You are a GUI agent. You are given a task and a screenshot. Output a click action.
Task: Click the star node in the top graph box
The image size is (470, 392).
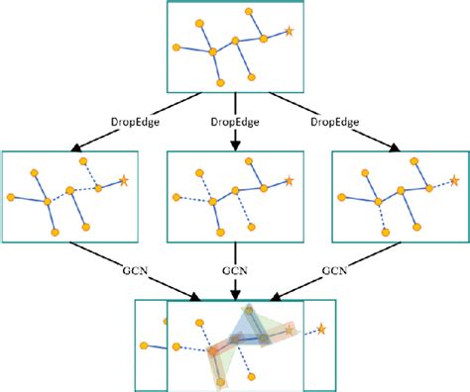coord(290,32)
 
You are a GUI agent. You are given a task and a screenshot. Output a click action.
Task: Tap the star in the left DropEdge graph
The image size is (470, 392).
coord(124,180)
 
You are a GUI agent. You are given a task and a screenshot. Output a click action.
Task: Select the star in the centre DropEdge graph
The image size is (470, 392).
coord(289,180)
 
